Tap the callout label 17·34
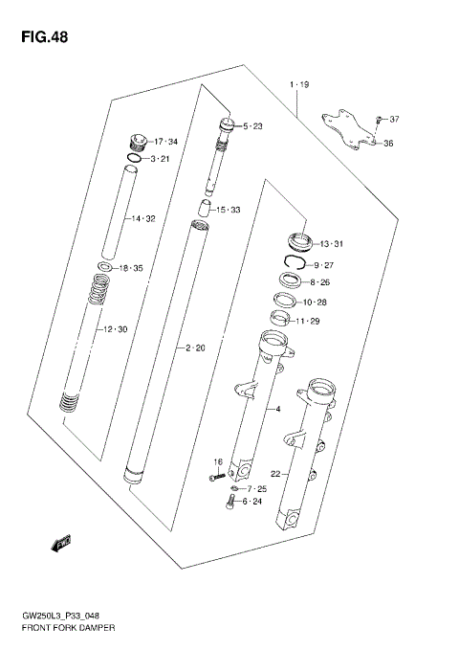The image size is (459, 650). [166, 143]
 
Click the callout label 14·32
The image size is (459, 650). [142, 219]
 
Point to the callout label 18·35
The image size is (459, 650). [130, 269]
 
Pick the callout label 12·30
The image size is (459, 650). [115, 330]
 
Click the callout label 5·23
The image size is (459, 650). [252, 126]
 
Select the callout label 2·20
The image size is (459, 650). [194, 347]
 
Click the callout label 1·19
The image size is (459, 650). [299, 86]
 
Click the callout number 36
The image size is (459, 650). [388, 144]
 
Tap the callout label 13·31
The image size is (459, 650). [331, 243]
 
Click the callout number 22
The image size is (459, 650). [276, 472]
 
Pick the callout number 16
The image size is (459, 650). [217, 462]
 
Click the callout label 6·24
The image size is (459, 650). [251, 502]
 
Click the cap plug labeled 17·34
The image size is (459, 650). [138, 140]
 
